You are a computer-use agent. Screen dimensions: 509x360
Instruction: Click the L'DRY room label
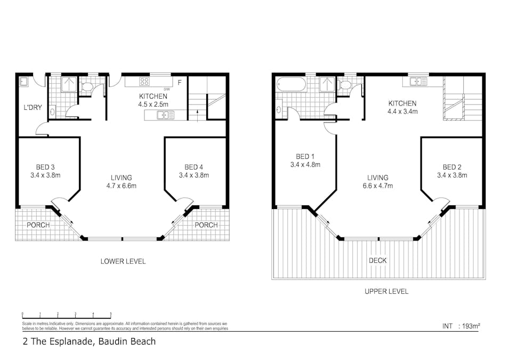(x=33, y=107)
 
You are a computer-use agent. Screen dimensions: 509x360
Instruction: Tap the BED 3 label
(x=45, y=167)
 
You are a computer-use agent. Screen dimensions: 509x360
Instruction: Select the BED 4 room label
(x=194, y=167)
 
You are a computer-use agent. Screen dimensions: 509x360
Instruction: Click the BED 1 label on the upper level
(x=305, y=157)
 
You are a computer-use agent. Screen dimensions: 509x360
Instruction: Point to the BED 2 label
(x=452, y=167)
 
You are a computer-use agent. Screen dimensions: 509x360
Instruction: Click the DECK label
(x=378, y=260)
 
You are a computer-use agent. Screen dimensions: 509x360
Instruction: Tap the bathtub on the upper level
(x=291, y=84)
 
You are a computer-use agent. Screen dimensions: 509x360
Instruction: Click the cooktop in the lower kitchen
(x=144, y=81)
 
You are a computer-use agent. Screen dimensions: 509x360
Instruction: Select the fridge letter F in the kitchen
(x=180, y=83)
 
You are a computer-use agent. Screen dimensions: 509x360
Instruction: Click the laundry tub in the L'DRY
(x=23, y=81)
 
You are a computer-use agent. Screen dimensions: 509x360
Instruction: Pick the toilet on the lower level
(x=87, y=87)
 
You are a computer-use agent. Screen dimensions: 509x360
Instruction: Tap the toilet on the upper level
(x=344, y=85)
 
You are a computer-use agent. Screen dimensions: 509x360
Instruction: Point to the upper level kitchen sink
(x=418, y=81)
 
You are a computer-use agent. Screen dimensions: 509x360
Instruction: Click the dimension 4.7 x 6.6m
(x=122, y=186)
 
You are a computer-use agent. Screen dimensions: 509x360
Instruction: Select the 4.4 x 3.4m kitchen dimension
(x=402, y=111)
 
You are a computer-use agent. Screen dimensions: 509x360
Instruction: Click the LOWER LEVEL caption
(x=123, y=261)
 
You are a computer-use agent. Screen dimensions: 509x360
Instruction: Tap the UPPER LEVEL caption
(x=386, y=291)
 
